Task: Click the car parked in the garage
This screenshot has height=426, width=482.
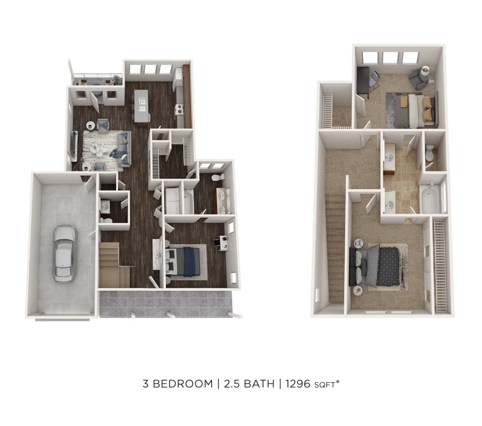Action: (x=65, y=253)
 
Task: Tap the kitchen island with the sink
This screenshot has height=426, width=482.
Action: (x=141, y=107)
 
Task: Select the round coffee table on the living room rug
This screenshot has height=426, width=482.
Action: (x=99, y=149)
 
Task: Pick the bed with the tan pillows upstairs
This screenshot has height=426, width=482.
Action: (x=413, y=111)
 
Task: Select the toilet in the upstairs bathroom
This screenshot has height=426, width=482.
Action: (x=430, y=152)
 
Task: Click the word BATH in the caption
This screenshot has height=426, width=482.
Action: (x=258, y=384)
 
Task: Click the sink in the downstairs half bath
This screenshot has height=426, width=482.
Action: (x=105, y=206)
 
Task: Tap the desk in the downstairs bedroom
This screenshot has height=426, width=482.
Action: (x=221, y=242)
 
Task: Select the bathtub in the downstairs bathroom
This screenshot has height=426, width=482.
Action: (x=188, y=201)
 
